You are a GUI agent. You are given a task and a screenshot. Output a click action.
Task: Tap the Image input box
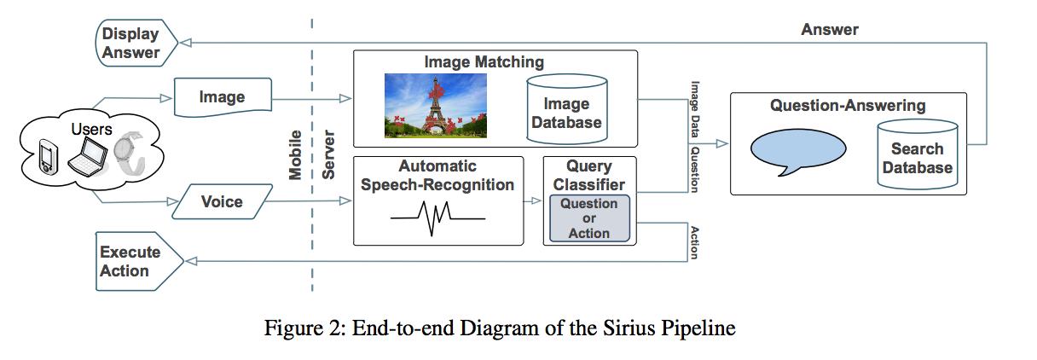pyautogui.click(x=222, y=97)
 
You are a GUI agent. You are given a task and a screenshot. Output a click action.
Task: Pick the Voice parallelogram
pyautogui.click(x=222, y=202)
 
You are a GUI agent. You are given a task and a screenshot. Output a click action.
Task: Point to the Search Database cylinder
pyautogui.click(x=917, y=154)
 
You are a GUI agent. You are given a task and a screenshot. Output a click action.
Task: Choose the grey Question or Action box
pyautogui.click(x=589, y=218)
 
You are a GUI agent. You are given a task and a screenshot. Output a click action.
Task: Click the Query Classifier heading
pyautogui.click(x=589, y=175)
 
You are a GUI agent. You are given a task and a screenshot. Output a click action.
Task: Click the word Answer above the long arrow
pyautogui.click(x=829, y=30)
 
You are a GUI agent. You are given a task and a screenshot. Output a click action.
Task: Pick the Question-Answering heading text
pyautogui.click(x=847, y=106)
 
